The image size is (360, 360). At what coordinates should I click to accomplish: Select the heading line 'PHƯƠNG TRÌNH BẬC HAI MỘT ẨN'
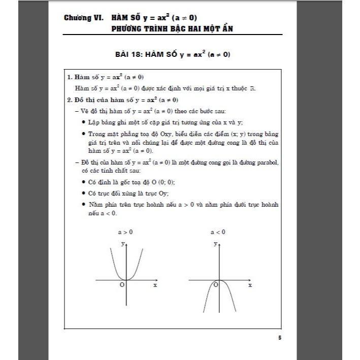173,29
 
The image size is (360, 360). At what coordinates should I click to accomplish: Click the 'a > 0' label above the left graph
125,232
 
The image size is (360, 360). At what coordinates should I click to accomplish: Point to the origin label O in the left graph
122,285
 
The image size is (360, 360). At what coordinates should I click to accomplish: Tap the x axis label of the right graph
249,285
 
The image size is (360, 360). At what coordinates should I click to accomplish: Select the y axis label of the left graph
122,244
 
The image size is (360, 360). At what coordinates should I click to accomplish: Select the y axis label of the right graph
215,244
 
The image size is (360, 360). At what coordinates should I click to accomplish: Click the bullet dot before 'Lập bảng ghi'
83,123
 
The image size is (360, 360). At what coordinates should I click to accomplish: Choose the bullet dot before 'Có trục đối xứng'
83,193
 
